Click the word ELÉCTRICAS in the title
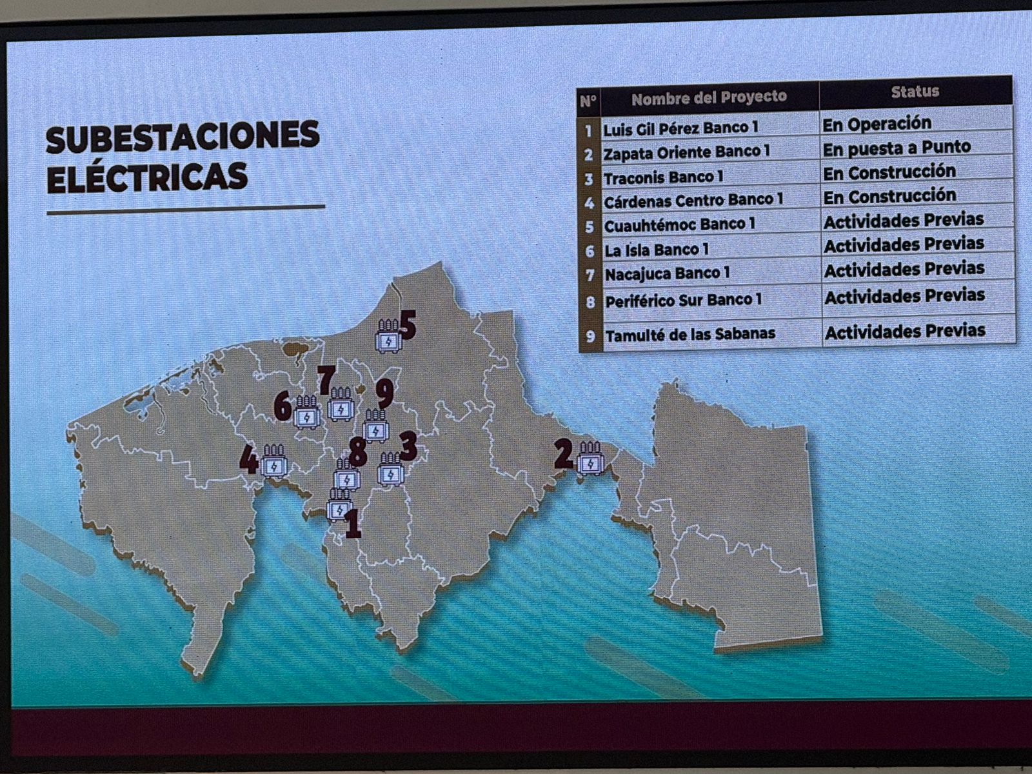(147, 177)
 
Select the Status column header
(915, 92)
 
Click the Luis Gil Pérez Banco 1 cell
(680, 128)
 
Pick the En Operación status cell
(877, 123)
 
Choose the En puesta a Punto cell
(897, 148)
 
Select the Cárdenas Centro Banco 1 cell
(693, 201)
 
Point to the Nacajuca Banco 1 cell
(667, 273)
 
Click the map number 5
(408, 325)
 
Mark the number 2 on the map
(563, 454)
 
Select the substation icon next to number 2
(590, 459)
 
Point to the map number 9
(385, 393)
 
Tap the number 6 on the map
(283, 406)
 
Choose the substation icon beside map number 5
(388, 336)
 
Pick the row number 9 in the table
(590, 336)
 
